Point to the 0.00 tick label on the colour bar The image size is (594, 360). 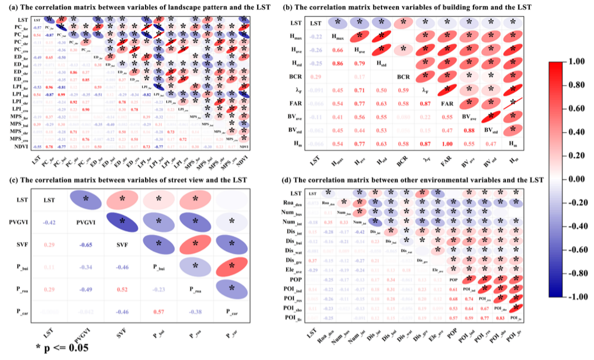coord(575,179)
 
